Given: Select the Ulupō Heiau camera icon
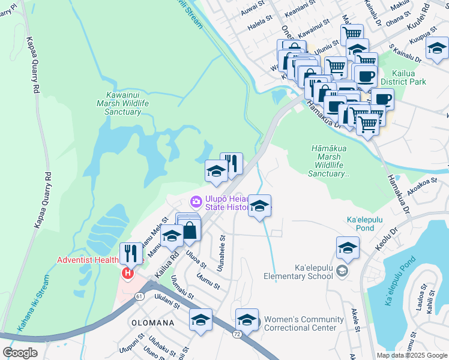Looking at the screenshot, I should (196, 201).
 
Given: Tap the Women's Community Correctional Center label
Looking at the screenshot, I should (304, 323).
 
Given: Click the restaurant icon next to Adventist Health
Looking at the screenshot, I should (130, 253).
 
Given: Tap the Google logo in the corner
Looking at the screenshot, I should (20, 352).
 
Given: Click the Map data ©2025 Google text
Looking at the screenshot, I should (411, 355).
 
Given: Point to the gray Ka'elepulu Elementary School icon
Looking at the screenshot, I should (342, 271).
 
